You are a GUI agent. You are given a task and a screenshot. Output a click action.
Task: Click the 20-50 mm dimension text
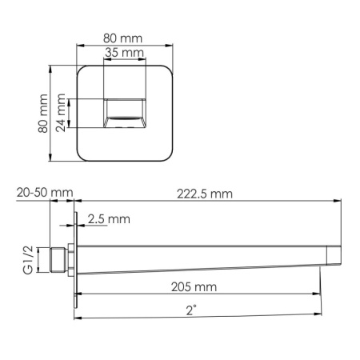pyautogui.click(x=44, y=193)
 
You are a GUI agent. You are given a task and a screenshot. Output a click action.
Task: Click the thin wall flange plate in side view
pyautogui.click(x=75, y=260)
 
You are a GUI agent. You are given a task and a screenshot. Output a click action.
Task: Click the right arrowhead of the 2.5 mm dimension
pyautogui.click(x=82, y=226)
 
